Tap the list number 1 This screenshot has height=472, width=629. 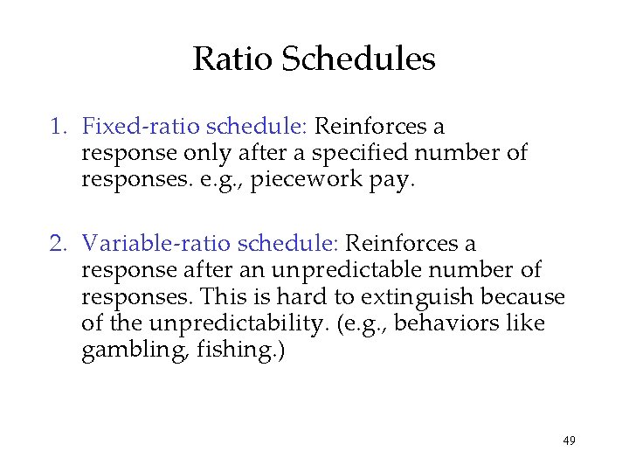pos(57,127)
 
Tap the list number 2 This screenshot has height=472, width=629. pos(57,244)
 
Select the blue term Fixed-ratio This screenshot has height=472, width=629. pos(130,127)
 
